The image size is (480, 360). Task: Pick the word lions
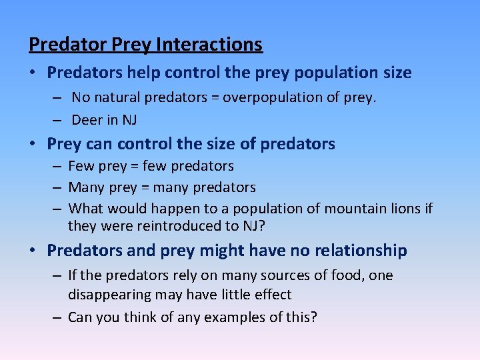point(406,209)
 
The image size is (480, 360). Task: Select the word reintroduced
point(181,226)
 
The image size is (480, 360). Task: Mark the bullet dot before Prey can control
point(35,144)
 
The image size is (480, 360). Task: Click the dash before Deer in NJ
point(58,121)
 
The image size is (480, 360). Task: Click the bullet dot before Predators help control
point(35,72)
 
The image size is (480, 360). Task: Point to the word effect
point(271,294)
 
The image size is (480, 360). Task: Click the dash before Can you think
point(58,317)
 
